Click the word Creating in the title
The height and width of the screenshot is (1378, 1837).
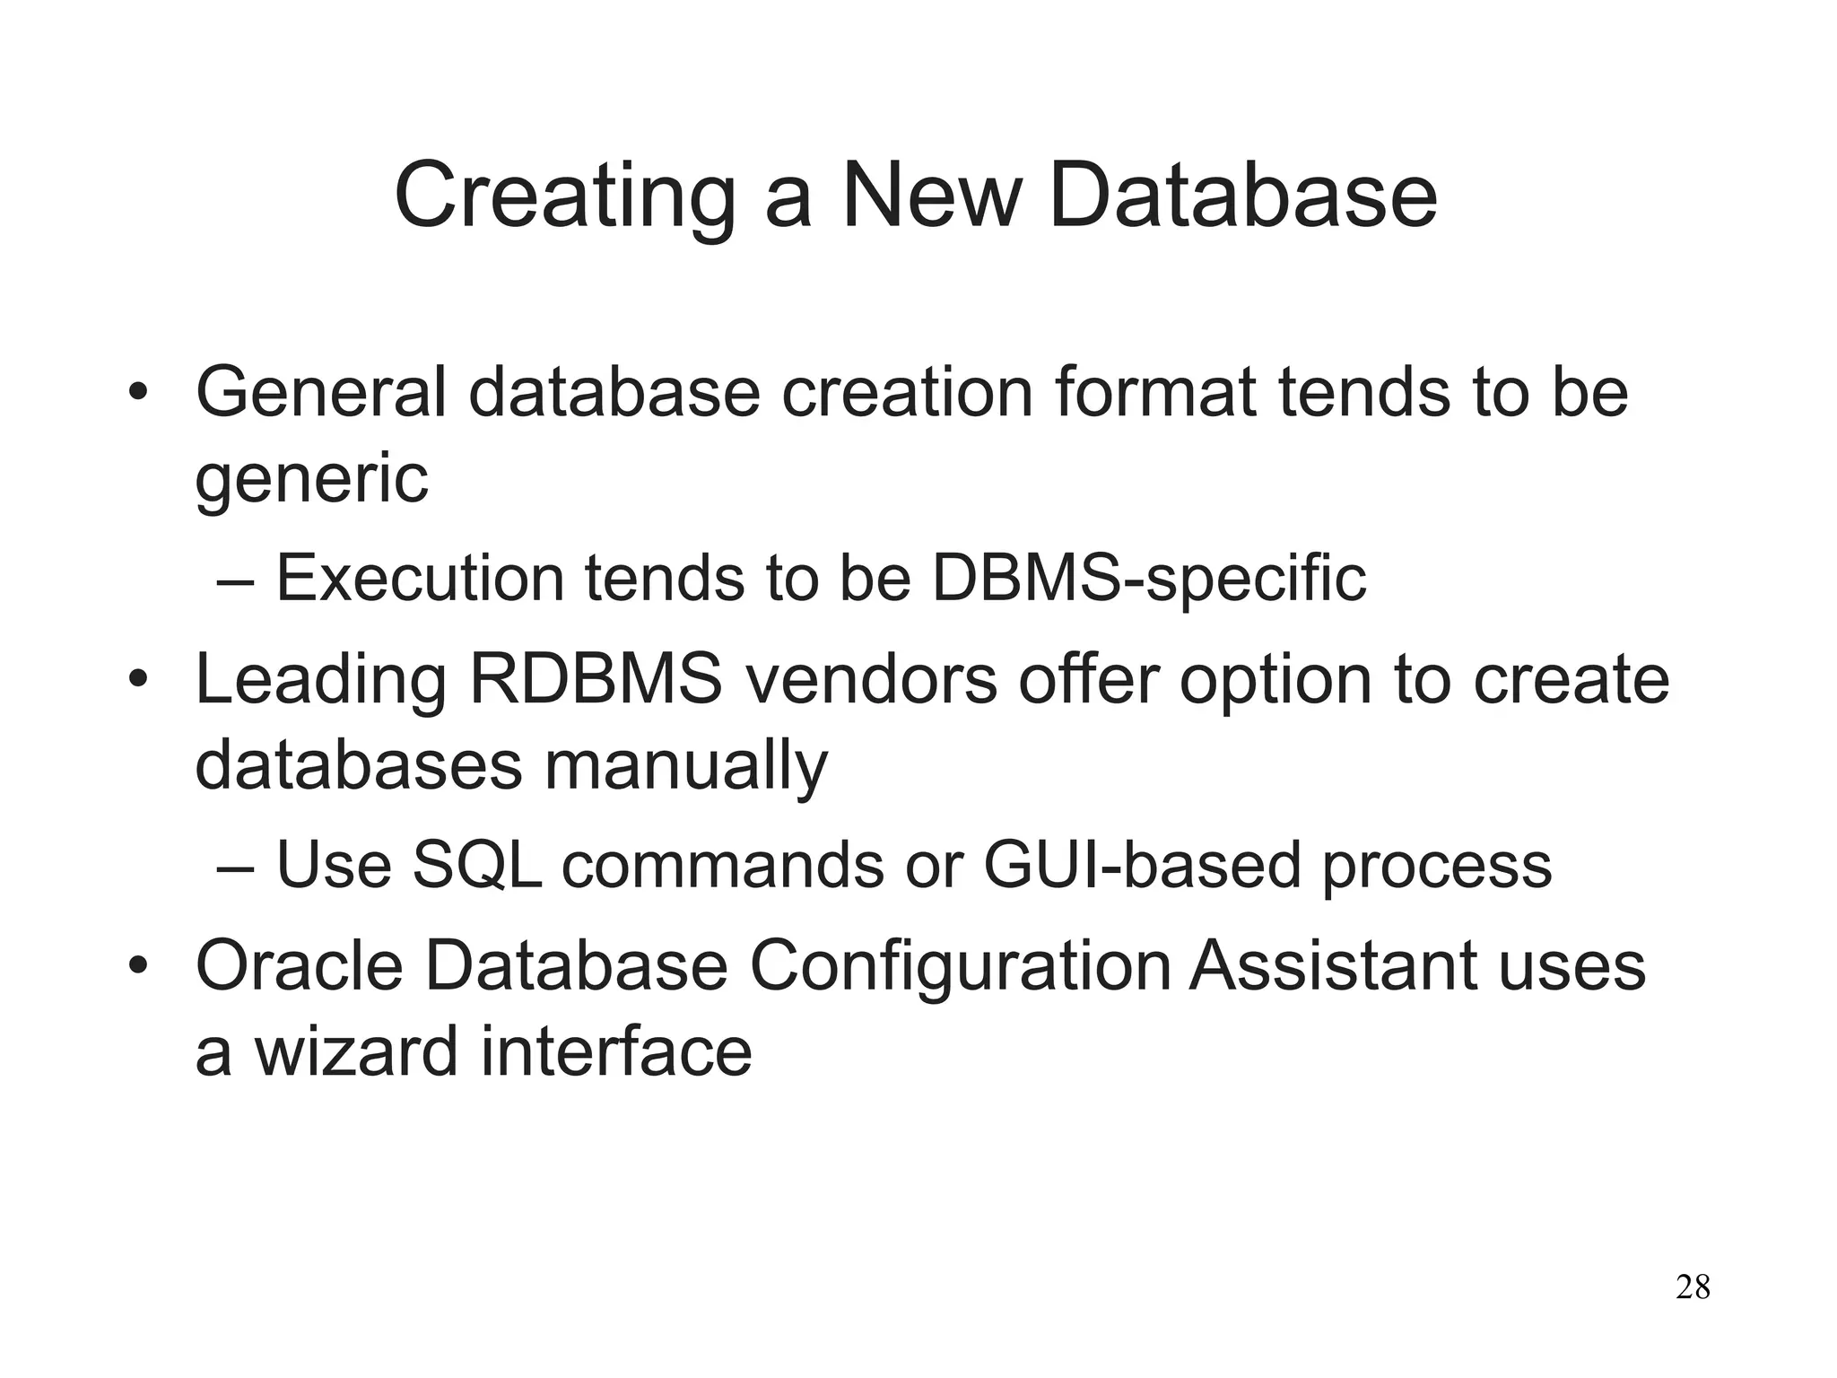pyautogui.click(x=565, y=197)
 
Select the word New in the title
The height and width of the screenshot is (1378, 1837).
pyautogui.click(x=932, y=197)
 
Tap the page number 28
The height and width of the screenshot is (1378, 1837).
pyautogui.click(x=1693, y=1287)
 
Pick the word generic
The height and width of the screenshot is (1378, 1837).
pyautogui.click(x=311, y=479)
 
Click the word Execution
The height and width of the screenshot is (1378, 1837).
pyautogui.click(x=420, y=578)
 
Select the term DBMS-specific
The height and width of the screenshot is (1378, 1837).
pyautogui.click(x=1149, y=578)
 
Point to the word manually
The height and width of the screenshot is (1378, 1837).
pyautogui.click(x=686, y=766)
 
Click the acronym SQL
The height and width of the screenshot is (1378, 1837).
pyautogui.click(x=476, y=865)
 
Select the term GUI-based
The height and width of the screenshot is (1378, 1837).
pyautogui.click(x=1142, y=865)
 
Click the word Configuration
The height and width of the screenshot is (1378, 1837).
pyautogui.click(x=960, y=966)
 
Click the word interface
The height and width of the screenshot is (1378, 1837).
pyautogui.click(x=616, y=1052)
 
